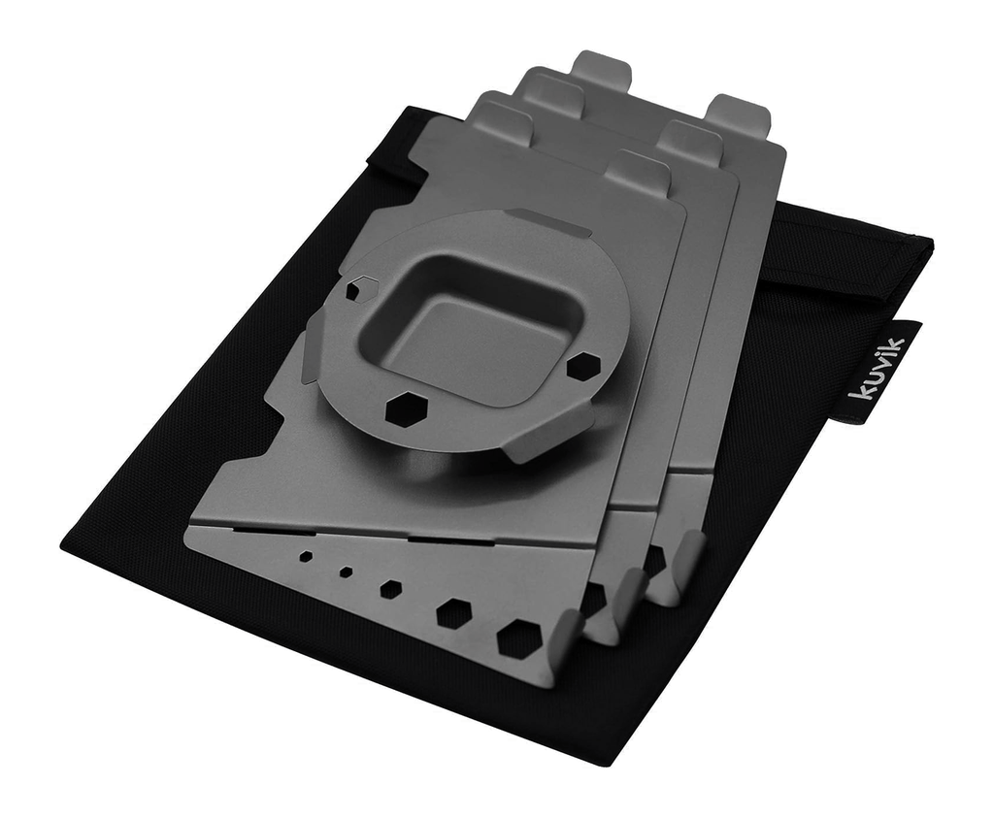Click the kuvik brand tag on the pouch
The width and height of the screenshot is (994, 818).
tap(877, 370)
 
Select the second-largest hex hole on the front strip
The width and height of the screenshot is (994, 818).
tap(453, 612)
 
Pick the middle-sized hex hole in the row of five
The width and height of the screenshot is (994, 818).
tap(390, 588)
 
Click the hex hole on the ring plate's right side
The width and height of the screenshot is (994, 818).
tap(582, 366)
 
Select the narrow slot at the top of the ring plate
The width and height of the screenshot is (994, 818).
tap(547, 223)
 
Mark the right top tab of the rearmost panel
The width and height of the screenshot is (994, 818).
tap(738, 115)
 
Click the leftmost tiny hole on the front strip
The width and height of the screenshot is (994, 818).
tap(306, 557)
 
